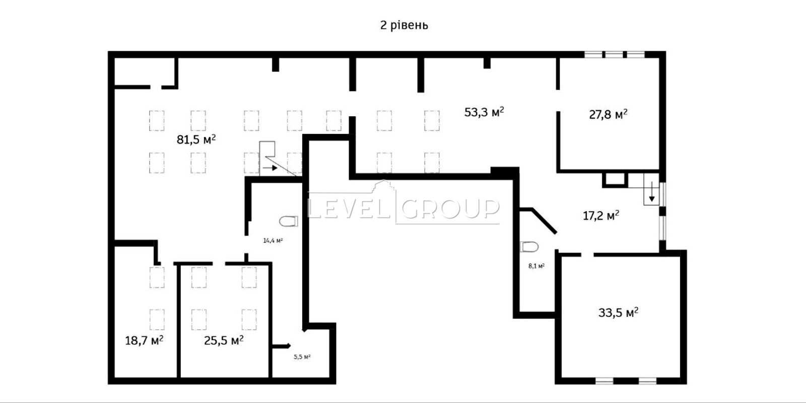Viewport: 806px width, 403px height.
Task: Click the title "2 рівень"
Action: (404, 26)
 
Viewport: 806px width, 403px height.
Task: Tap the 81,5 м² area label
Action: (196, 139)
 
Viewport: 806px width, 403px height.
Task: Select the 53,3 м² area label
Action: (484, 112)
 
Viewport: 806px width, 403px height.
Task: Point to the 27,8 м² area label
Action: (608, 114)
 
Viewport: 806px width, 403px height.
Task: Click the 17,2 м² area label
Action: (601, 215)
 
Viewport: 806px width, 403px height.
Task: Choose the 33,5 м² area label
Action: (618, 312)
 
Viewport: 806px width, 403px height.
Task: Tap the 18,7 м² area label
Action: (144, 340)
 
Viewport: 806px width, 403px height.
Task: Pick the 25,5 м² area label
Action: (224, 340)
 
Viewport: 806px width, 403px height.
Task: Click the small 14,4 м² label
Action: (273, 240)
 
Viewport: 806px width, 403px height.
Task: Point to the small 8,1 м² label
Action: (536, 266)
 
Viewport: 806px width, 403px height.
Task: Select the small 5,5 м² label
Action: (302, 357)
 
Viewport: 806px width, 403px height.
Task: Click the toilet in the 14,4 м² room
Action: (289, 221)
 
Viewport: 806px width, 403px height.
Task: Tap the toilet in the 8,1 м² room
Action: (529, 247)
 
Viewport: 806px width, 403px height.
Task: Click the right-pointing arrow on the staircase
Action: (270, 168)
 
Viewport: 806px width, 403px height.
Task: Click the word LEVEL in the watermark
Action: (348, 208)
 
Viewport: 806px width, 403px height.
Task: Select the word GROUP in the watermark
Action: (450, 208)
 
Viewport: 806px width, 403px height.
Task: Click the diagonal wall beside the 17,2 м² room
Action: (544, 221)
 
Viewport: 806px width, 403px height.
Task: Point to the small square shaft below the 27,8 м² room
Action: (615, 180)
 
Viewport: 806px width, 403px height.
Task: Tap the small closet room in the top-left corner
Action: (144, 71)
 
